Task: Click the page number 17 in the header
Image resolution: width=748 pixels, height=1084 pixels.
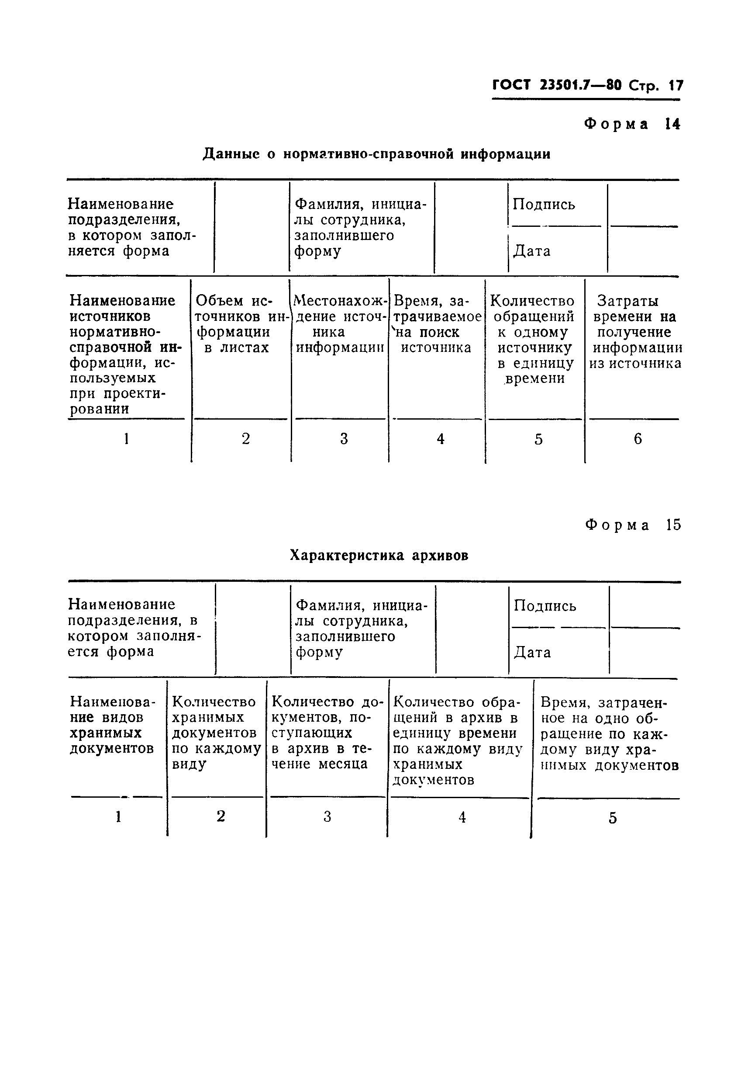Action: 676,86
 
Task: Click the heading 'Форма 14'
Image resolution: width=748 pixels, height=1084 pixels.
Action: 632,124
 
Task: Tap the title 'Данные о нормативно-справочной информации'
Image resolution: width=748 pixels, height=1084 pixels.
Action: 376,154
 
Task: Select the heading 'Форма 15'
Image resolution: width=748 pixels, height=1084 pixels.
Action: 633,525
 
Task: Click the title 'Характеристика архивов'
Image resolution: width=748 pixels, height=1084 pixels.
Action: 379,556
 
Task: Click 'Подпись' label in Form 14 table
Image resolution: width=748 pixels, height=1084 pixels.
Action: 544,205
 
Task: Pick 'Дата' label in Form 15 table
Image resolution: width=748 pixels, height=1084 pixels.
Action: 532,653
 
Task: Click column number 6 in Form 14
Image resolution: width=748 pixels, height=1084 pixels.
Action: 638,439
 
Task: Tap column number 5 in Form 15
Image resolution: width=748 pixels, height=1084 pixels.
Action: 612,819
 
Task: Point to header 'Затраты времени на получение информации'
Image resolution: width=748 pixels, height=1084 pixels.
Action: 635,332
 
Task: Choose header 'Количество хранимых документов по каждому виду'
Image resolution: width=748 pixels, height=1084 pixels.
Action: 216,733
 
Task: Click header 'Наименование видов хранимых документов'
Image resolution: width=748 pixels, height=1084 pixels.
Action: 111,725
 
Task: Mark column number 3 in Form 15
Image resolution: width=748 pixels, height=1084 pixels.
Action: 327,817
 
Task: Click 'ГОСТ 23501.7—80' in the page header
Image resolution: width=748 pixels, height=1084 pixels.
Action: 557,85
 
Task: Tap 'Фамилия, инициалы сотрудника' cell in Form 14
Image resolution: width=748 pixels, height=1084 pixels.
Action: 360,227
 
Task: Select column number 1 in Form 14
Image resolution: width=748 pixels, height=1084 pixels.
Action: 126,439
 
